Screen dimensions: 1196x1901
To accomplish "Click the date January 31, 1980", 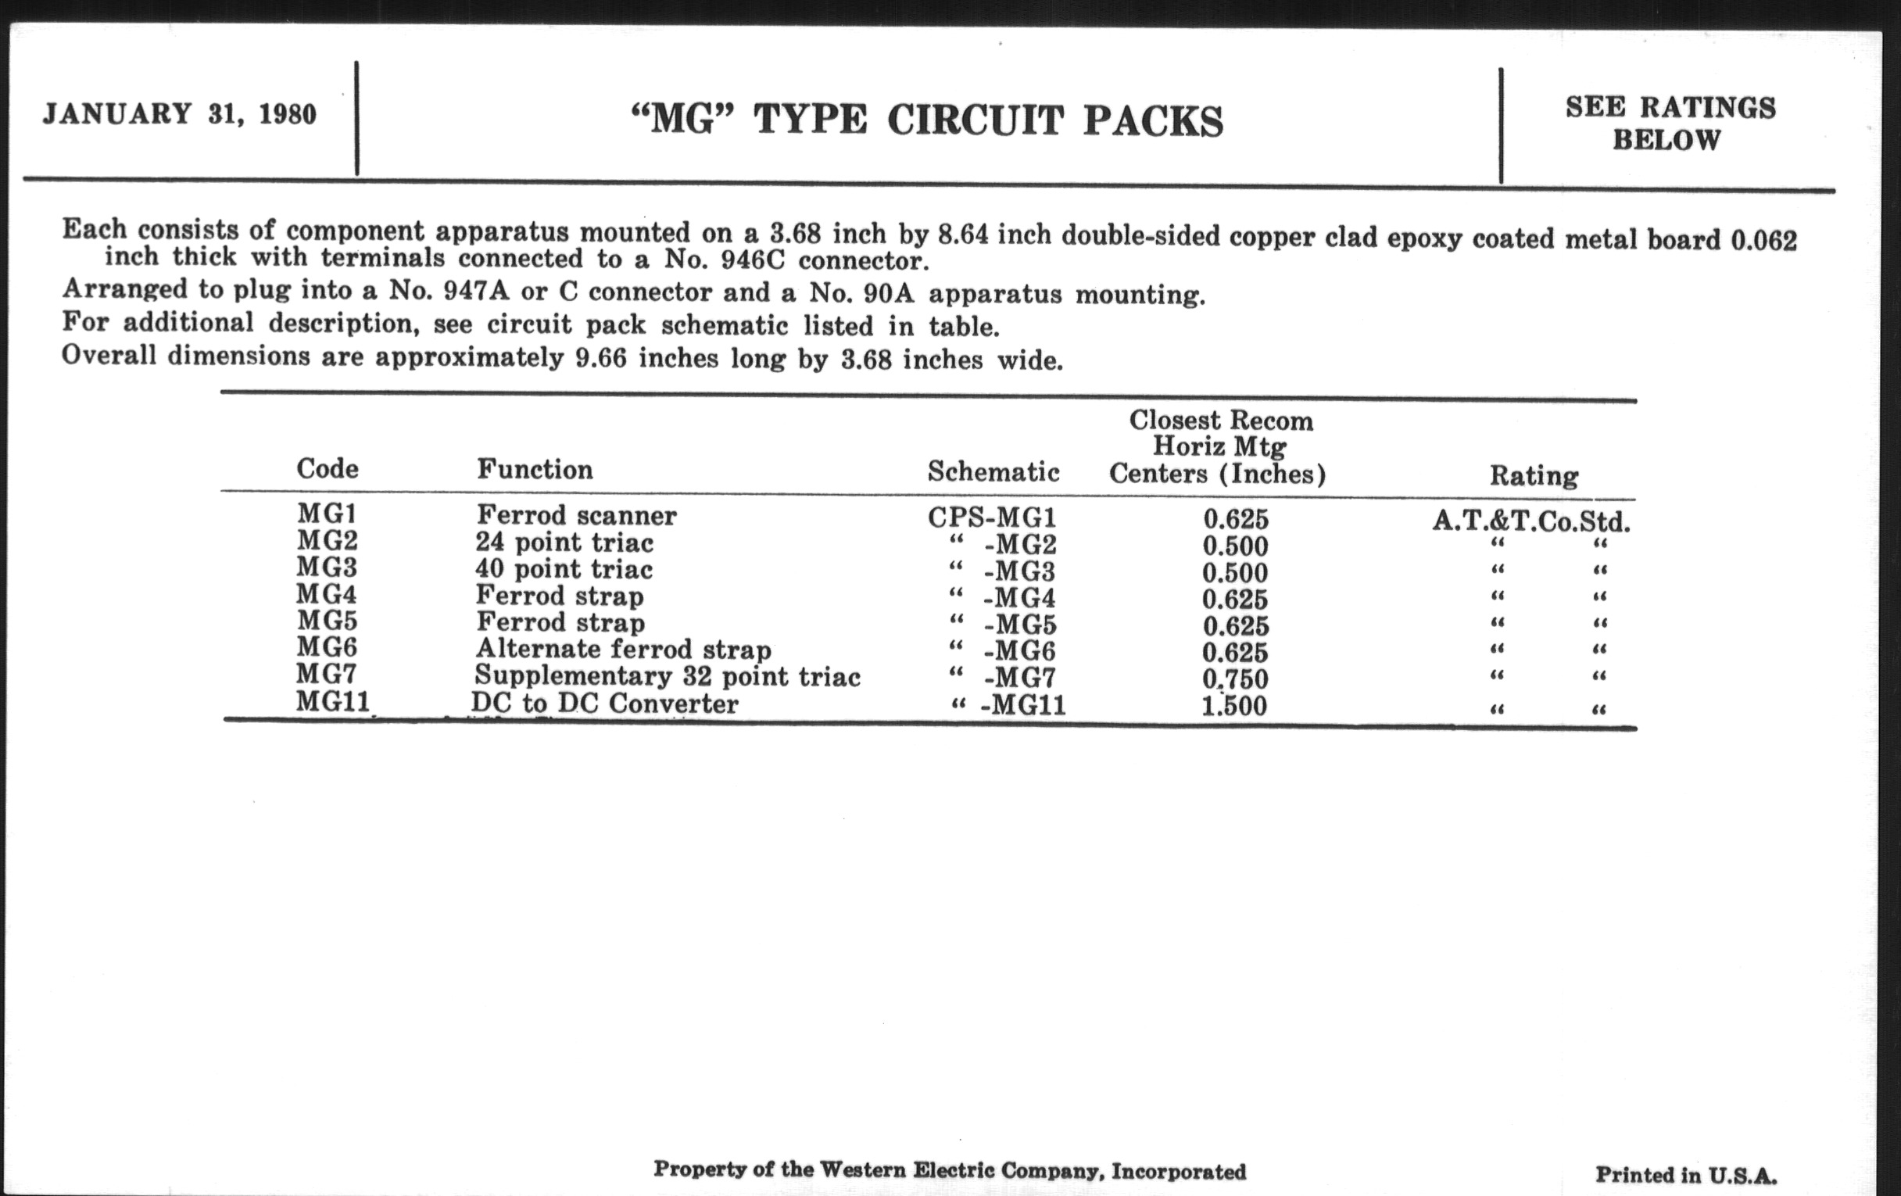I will click(179, 114).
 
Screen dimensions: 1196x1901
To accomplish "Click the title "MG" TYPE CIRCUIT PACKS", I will click(928, 122).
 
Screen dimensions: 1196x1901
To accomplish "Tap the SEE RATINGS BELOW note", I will click(1670, 124).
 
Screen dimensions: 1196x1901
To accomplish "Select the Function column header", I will click(535, 470).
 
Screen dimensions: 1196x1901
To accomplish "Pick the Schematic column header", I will click(993, 472).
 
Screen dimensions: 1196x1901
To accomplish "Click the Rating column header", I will click(1533, 476).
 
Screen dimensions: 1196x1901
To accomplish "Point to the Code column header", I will click(327, 469).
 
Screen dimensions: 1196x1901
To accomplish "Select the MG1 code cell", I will click(327, 514).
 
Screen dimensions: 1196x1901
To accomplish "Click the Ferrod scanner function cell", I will click(576, 515).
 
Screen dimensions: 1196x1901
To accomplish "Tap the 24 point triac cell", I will click(564, 542).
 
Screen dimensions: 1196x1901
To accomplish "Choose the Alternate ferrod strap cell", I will click(623, 649).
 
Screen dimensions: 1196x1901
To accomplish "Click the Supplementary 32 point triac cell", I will click(667, 676).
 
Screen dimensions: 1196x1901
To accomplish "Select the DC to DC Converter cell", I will click(605, 704).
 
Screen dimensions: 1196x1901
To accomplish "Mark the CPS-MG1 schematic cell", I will click(992, 517).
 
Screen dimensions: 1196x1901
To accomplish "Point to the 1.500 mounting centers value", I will click(1234, 706).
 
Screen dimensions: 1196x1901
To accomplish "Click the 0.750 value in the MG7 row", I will click(1235, 679).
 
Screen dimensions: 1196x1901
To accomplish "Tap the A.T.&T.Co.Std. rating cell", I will click(1530, 522).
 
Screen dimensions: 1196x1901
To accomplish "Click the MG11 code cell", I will click(332, 701).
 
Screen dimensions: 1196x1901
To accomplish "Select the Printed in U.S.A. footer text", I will click(1685, 1176).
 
